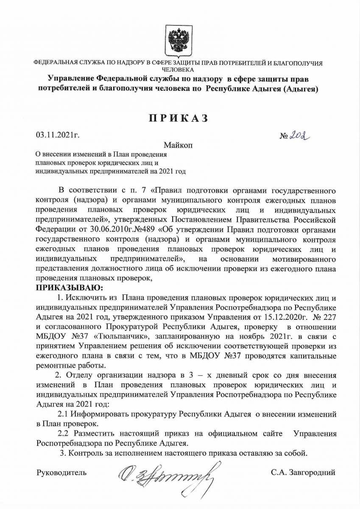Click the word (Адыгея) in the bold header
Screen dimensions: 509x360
[296, 89]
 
